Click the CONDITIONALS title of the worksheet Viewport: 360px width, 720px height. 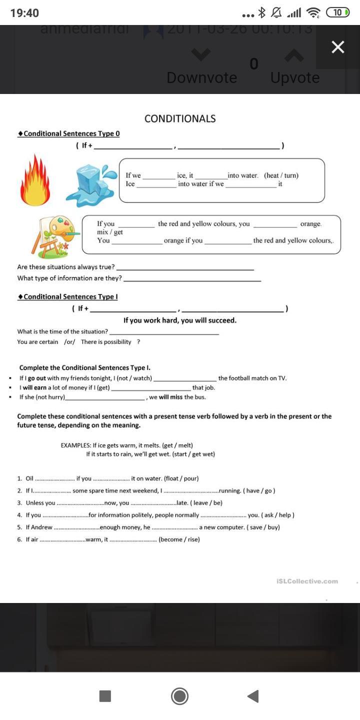(x=180, y=118)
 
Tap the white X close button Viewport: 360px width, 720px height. (x=338, y=47)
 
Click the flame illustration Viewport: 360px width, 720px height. (x=34, y=180)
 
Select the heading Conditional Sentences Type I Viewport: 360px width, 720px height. (x=68, y=296)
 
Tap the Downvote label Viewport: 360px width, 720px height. (x=201, y=77)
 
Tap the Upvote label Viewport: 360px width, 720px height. (x=295, y=77)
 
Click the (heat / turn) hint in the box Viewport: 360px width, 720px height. (x=281, y=175)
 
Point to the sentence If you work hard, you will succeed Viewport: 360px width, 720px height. (x=180, y=320)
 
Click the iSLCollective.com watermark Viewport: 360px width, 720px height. (x=306, y=581)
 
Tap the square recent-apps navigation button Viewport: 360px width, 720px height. (x=105, y=696)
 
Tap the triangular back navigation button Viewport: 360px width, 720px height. (x=253, y=696)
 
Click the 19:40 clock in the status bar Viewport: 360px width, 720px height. (x=24, y=13)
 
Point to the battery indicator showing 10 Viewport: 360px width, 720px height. (x=337, y=13)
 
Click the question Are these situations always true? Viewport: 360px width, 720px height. (x=65, y=267)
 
